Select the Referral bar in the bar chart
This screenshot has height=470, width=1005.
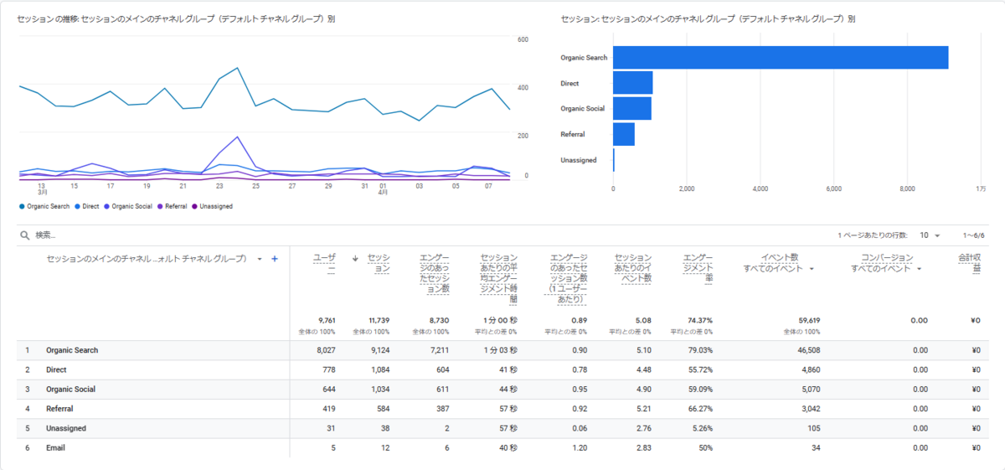624,134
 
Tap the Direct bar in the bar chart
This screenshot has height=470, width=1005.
632,83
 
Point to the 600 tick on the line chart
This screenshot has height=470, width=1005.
523,40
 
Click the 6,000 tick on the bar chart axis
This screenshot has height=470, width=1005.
833,189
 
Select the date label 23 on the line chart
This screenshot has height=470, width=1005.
219,186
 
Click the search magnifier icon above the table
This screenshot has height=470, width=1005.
25,235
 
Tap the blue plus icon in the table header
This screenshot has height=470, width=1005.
274,259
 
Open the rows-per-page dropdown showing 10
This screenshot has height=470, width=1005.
930,235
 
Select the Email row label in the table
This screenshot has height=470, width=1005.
55,447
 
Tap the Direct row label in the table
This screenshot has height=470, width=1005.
57,369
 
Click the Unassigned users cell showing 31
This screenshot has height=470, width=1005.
329,428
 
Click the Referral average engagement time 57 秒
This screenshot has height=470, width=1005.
507,409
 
